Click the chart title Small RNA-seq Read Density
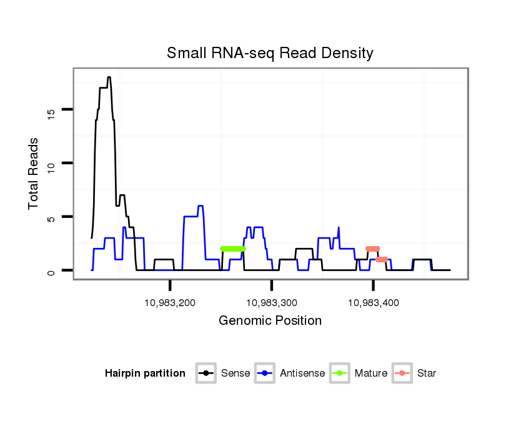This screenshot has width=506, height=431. click(x=270, y=53)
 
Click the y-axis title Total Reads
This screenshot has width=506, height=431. click(x=34, y=174)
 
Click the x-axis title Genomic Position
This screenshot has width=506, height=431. click(x=270, y=321)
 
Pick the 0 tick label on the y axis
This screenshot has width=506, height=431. click(x=51, y=271)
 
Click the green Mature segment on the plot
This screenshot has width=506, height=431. click(x=233, y=249)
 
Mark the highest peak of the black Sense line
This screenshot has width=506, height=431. click(x=109, y=77)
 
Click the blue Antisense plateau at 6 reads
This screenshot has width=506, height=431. click(x=201, y=206)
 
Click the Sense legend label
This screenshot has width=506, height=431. click(x=235, y=374)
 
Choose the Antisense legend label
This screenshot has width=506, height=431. click(x=302, y=374)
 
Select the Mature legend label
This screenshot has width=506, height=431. click(x=371, y=374)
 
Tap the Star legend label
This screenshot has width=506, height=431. click(x=427, y=374)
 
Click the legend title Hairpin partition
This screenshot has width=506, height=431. click(x=145, y=374)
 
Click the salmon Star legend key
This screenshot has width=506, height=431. click(x=403, y=374)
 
